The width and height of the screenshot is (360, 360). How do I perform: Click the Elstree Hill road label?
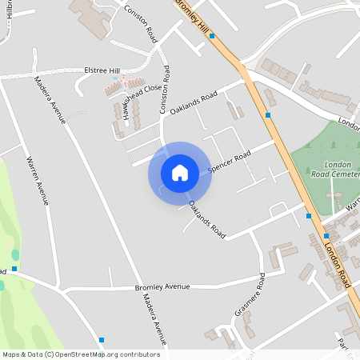102,70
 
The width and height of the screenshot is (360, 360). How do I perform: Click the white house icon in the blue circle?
180,172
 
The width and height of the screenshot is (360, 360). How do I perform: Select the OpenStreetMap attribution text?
81,354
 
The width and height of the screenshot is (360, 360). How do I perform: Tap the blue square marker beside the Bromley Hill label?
211,36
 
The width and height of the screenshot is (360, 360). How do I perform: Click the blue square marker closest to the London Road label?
326,236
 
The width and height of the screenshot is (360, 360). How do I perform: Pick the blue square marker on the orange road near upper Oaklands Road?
268,115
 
